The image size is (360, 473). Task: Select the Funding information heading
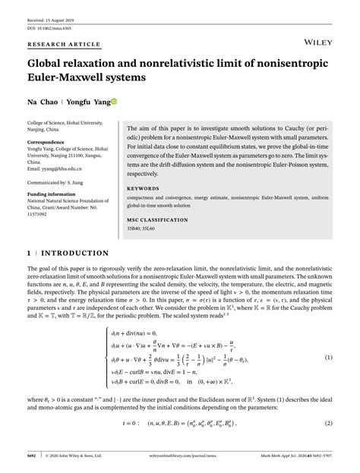[x=55, y=193]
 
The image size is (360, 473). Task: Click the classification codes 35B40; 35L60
[x=144, y=227]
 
